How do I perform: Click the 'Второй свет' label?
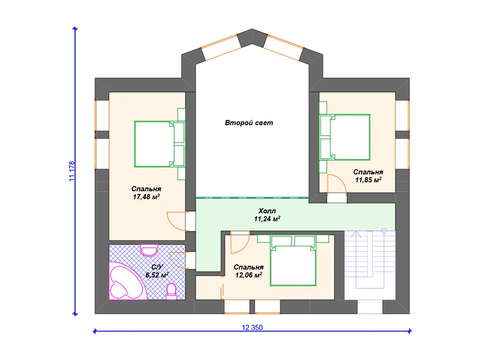tap(249, 123)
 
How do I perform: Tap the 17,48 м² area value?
tap(146, 196)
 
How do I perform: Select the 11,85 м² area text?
tap(368, 180)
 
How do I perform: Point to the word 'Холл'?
tap(267, 210)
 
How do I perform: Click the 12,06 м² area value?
tap(248, 275)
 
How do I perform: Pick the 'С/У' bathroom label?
tap(157, 267)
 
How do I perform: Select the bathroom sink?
tap(149, 250)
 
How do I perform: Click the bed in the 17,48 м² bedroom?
tap(159, 144)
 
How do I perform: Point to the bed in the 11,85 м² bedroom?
tap(345, 137)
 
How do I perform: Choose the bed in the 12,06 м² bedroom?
tap(293, 261)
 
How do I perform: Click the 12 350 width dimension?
tap(252, 327)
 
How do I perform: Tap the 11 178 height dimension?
tap(72, 171)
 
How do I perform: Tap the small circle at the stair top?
tap(384, 231)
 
